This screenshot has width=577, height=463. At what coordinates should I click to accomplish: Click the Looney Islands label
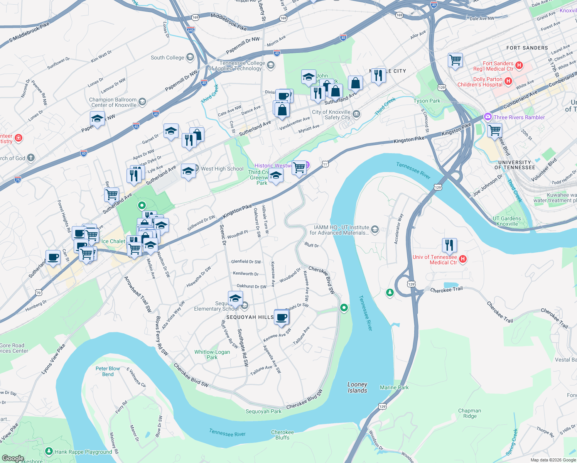pos(357,387)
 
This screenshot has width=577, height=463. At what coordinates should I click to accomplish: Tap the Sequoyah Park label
pos(263,411)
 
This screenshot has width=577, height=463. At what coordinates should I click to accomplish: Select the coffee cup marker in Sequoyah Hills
pos(282,317)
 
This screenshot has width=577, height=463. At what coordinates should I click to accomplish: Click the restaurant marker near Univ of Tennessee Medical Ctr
pos(449,245)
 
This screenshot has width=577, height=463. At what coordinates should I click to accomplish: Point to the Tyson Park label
pos(427,101)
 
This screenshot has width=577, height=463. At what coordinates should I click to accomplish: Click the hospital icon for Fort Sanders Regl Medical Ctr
pos(519,65)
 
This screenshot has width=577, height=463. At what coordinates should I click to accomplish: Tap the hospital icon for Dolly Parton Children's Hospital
pos(508,81)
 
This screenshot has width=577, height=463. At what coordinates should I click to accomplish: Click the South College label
pos(167,57)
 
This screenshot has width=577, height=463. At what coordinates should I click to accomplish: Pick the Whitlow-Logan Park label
pos(212,355)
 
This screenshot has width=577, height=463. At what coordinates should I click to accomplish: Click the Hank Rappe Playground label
pos(83,452)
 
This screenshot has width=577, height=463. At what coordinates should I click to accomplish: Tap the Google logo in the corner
pos(13,458)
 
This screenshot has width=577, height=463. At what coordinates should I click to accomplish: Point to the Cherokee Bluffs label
pos(282,435)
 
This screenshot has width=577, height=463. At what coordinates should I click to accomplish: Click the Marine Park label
pos(394,387)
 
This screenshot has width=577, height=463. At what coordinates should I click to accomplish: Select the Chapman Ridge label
pos(469,413)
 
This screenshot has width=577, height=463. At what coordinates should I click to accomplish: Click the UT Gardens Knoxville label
pos(507,221)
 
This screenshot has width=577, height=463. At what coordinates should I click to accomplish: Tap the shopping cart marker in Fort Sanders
pos(455,60)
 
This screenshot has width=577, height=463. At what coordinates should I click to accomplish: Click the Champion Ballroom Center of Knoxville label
pos(113,102)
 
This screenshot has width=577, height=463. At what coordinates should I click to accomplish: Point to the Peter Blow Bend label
pos(108,371)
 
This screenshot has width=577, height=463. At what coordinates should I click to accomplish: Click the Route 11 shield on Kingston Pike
pos(325,164)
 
